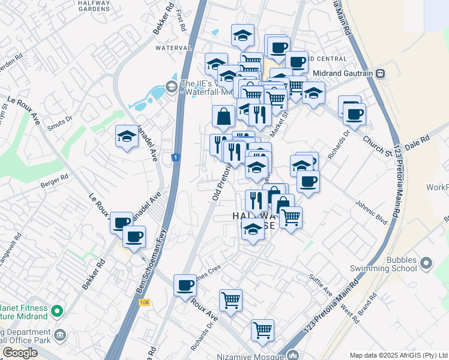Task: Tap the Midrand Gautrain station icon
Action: [381, 73]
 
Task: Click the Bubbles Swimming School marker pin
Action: [427, 263]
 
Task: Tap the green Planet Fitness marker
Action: [57, 311]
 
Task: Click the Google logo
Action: [20, 353]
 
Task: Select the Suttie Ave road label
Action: [321, 284]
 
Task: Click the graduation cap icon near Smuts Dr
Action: [127, 137]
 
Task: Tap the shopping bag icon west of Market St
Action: [223, 117]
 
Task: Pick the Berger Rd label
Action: [55, 181]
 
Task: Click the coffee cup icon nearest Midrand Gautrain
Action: [354, 114]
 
